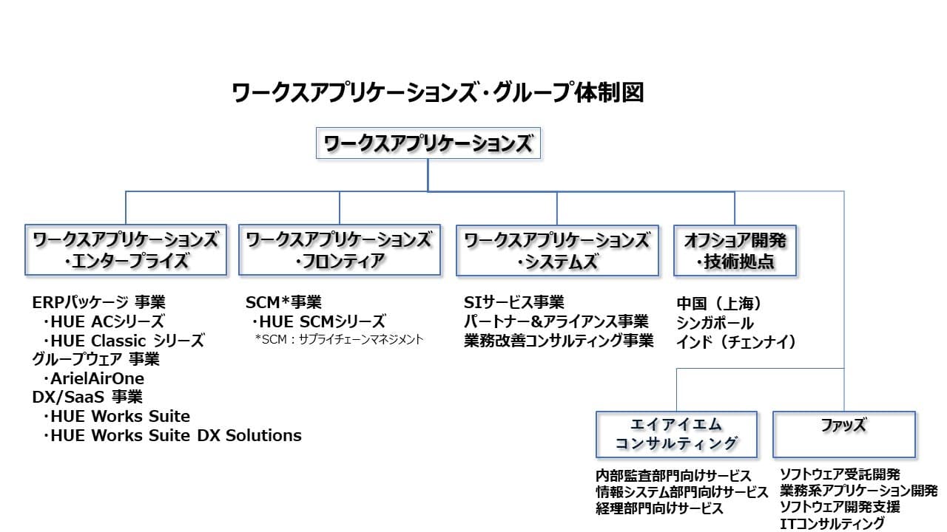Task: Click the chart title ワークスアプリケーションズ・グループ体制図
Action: [438, 93]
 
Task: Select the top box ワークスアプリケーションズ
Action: [428, 143]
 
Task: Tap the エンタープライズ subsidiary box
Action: [126, 250]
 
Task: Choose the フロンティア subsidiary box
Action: [340, 250]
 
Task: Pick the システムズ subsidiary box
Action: [557, 250]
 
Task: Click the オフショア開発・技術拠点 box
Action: [735, 250]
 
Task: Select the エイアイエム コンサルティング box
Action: [676, 434]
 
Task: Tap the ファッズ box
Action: [844, 434]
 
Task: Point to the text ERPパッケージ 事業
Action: [99, 302]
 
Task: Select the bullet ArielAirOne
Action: [93, 378]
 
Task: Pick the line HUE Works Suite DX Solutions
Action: [172, 435]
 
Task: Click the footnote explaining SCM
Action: [339, 339]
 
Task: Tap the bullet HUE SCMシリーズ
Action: [318, 321]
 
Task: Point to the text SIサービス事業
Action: [514, 302]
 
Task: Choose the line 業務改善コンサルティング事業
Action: [559, 341]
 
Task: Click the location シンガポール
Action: [715, 323]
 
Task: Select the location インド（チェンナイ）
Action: [736, 342]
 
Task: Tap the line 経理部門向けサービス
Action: [659, 508]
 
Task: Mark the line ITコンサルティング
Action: [832, 524]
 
